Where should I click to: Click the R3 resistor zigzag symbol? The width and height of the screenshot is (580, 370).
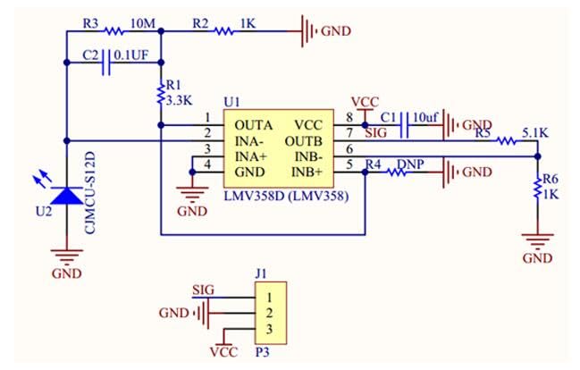coord(113,31)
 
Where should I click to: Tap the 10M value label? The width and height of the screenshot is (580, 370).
coord(143,23)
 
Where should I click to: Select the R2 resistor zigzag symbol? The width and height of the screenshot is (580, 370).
coord(224,31)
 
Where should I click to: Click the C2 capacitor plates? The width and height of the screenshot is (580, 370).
coord(105,63)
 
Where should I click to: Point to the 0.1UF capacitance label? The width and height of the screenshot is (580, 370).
coord(131,55)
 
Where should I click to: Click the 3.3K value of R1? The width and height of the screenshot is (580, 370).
coord(179,100)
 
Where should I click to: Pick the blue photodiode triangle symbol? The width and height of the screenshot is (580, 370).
coord(67,196)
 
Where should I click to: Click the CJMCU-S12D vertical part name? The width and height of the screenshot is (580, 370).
coord(90,193)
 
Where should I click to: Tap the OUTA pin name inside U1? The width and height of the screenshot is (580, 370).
coord(254,125)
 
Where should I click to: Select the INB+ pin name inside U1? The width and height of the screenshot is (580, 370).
coord(307,172)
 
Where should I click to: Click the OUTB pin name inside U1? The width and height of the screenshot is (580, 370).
coord(303,141)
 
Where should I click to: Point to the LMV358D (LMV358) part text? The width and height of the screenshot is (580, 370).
coord(286,196)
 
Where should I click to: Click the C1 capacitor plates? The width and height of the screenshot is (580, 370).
coord(405,125)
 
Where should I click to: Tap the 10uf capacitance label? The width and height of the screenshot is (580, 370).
coord(425,118)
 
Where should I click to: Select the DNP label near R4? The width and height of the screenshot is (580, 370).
coord(410,164)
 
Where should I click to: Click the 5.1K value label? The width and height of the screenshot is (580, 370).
coord(535,133)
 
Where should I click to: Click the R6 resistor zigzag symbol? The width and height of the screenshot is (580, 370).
coord(537,189)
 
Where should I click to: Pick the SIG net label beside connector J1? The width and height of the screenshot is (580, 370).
coord(203,290)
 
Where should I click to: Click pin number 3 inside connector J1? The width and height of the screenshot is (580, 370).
coord(269,329)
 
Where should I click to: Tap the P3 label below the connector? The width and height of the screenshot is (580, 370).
coord(262,352)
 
